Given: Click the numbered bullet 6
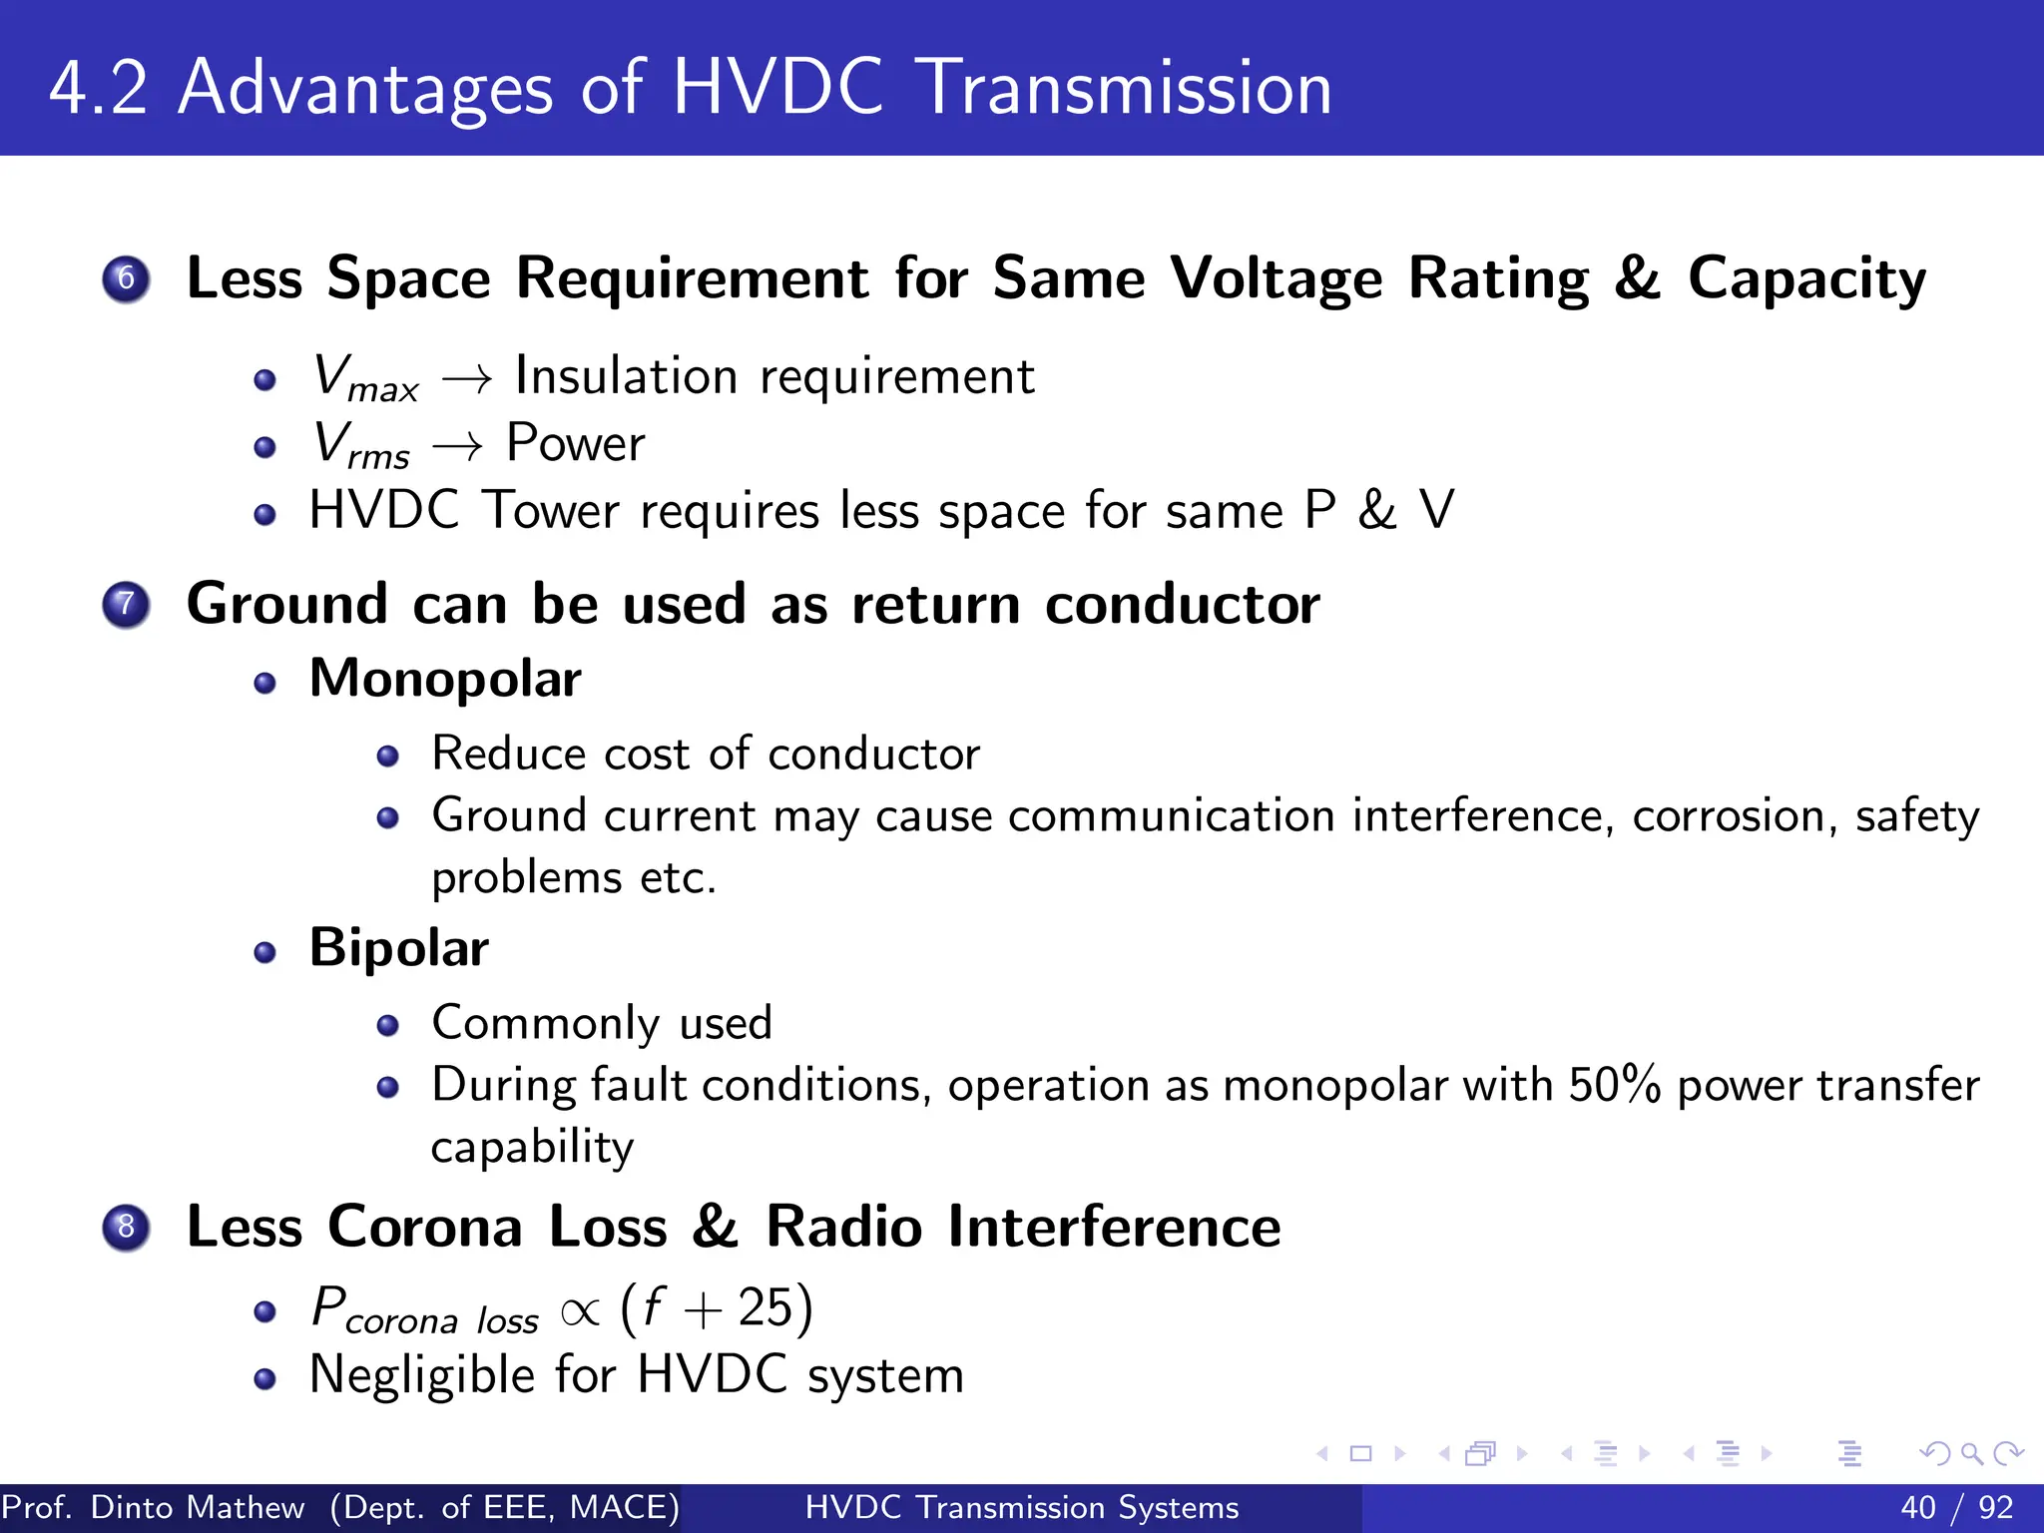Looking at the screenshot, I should [126, 278].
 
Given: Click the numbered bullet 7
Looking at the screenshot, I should [126, 605].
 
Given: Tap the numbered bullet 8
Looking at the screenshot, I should [126, 1227].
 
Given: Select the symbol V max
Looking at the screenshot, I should [364, 378].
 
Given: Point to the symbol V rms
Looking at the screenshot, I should [360, 445].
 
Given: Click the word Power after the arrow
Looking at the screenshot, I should [575, 443].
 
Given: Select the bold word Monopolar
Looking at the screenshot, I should [445, 679].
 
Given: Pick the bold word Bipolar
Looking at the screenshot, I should [399, 947].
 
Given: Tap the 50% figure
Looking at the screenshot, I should [1614, 1085].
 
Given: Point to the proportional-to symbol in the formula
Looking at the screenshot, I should [580, 1311].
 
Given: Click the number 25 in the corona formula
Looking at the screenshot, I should [765, 1307].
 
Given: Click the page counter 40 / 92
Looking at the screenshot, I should [1956, 1507].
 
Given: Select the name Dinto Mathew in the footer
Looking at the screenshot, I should [198, 1507].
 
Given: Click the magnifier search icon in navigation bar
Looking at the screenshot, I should [1971, 1453].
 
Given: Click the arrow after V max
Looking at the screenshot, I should [467, 379].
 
